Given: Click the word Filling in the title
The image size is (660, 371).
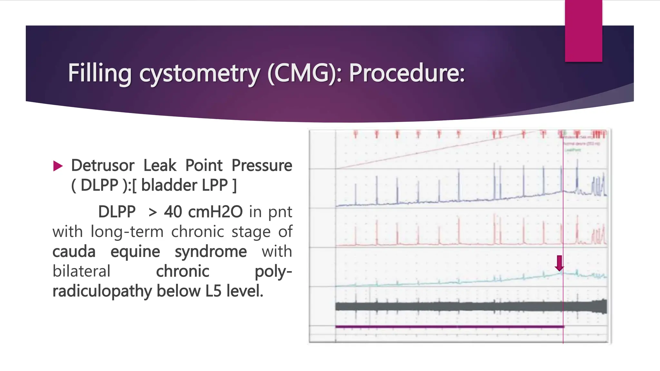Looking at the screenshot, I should click(x=100, y=73).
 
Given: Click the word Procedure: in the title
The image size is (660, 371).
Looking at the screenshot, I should click(x=407, y=73).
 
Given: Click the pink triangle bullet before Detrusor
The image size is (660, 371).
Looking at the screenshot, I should click(x=58, y=166).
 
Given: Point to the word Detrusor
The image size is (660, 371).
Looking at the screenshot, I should click(x=102, y=166).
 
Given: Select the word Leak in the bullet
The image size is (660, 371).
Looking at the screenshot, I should click(x=160, y=166).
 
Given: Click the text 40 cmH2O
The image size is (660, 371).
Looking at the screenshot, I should click(x=203, y=212).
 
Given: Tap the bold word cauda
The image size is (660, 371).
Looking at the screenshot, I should click(x=74, y=252).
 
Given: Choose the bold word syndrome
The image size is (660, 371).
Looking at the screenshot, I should click(x=210, y=252).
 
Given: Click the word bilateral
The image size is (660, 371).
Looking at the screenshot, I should click(x=81, y=271).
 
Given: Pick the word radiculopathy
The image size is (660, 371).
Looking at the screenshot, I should click(x=102, y=291).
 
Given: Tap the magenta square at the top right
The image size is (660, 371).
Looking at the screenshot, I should click(x=583, y=31).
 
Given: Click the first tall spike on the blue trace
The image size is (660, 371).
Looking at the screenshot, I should click(x=356, y=193).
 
